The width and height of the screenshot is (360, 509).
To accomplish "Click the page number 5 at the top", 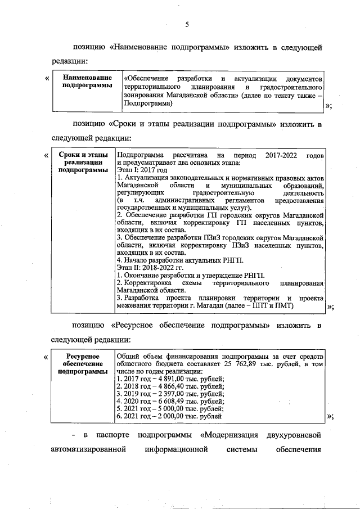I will click(x=187, y=24).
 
